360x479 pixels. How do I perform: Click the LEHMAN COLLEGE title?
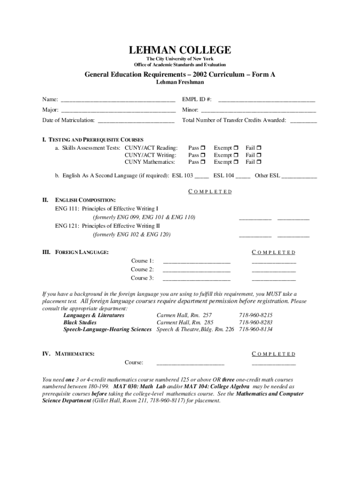pyautogui.click(x=180, y=50)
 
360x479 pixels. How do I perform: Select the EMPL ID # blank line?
pyautogui.click(x=266, y=100)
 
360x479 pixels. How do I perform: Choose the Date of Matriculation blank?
pyautogui.click(x=136, y=121)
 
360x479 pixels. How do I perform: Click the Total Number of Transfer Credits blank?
pyautogui.click(x=303, y=121)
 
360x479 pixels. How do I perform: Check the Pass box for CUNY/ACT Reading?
pyautogui.click(x=203, y=148)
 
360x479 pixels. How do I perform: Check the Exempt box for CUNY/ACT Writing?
pyautogui.click(x=236, y=155)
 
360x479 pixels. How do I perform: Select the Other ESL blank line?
pyautogui.click(x=299, y=177)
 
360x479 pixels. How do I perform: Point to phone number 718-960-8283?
pyautogui.click(x=256, y=322)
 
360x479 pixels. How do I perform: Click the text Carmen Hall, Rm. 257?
pyautogui.click(x=184, y=315)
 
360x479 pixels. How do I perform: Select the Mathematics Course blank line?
pyautogui.click(x=190, y=363)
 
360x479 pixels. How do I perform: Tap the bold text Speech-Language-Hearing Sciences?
pyautogui.click(x=108, y=329)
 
